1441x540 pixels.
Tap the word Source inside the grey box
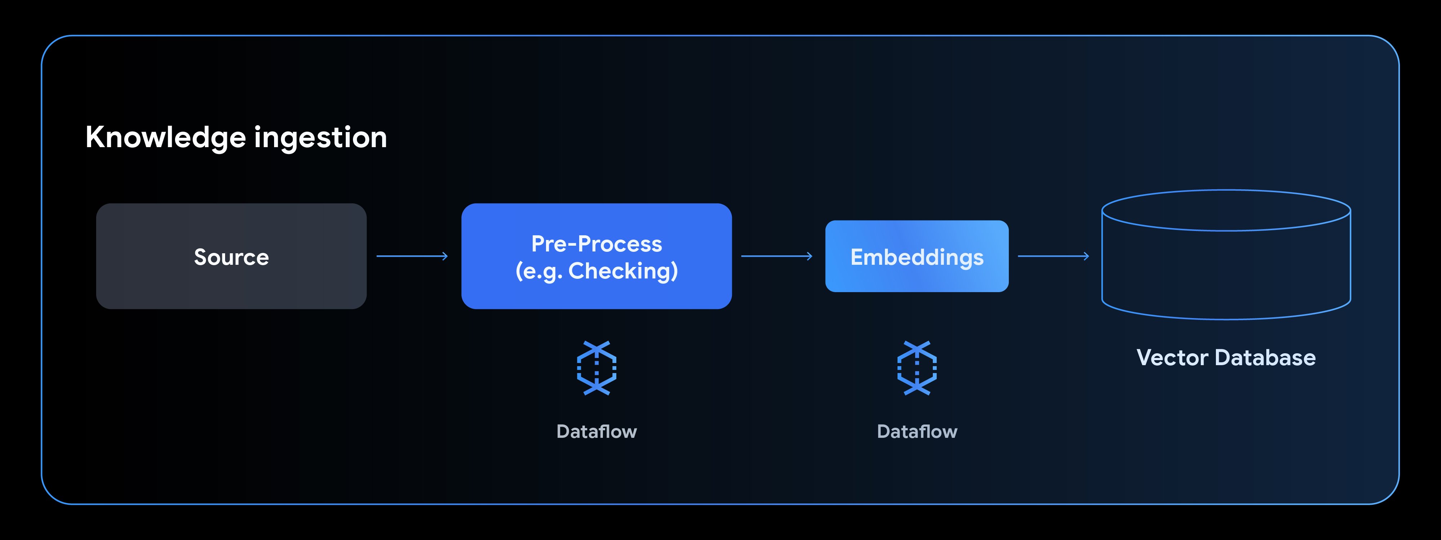click(231, 257)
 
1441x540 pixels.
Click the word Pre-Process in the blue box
click(596, 244)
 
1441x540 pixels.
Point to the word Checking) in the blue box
click(623, 271)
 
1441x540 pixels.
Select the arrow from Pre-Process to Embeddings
click(777, 256)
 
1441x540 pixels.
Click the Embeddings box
click(917, 257)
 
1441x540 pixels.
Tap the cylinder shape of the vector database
click(1226, 274)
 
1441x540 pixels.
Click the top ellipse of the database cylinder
click(1226, 210)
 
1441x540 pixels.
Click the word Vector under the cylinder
click(1172, 358)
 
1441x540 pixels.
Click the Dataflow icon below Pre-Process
click(596, 368)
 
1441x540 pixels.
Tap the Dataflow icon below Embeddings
click(917, 368)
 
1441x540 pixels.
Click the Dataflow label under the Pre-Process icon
click(596, 432)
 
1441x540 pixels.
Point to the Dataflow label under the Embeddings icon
click(917, 432)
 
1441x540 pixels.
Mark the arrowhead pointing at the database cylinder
click(1086, 256)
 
